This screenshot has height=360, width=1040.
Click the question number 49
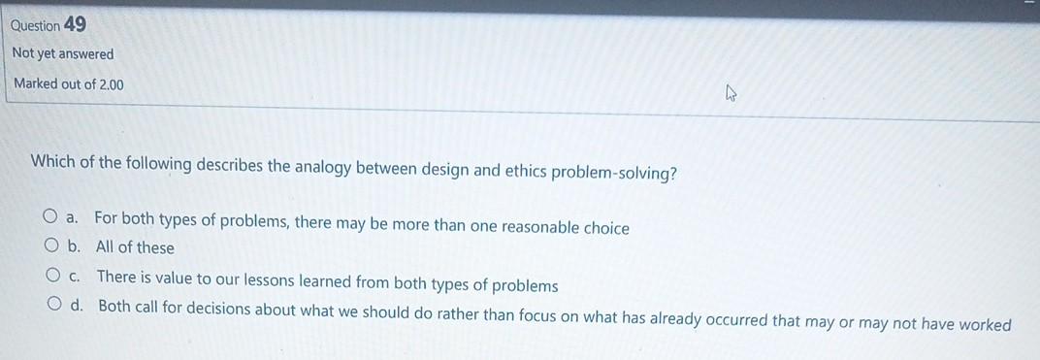click(75, 24)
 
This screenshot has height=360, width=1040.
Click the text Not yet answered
click(63, 54)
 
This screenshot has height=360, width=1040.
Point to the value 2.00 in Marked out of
click(111, 84)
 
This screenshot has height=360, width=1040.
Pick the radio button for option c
click(53, 276)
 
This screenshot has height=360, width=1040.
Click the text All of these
click(135, 247)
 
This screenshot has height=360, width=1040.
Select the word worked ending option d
click(985, 325)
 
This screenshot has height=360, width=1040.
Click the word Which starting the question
click(53, 161)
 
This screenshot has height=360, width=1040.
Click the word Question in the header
click(36, 25)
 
